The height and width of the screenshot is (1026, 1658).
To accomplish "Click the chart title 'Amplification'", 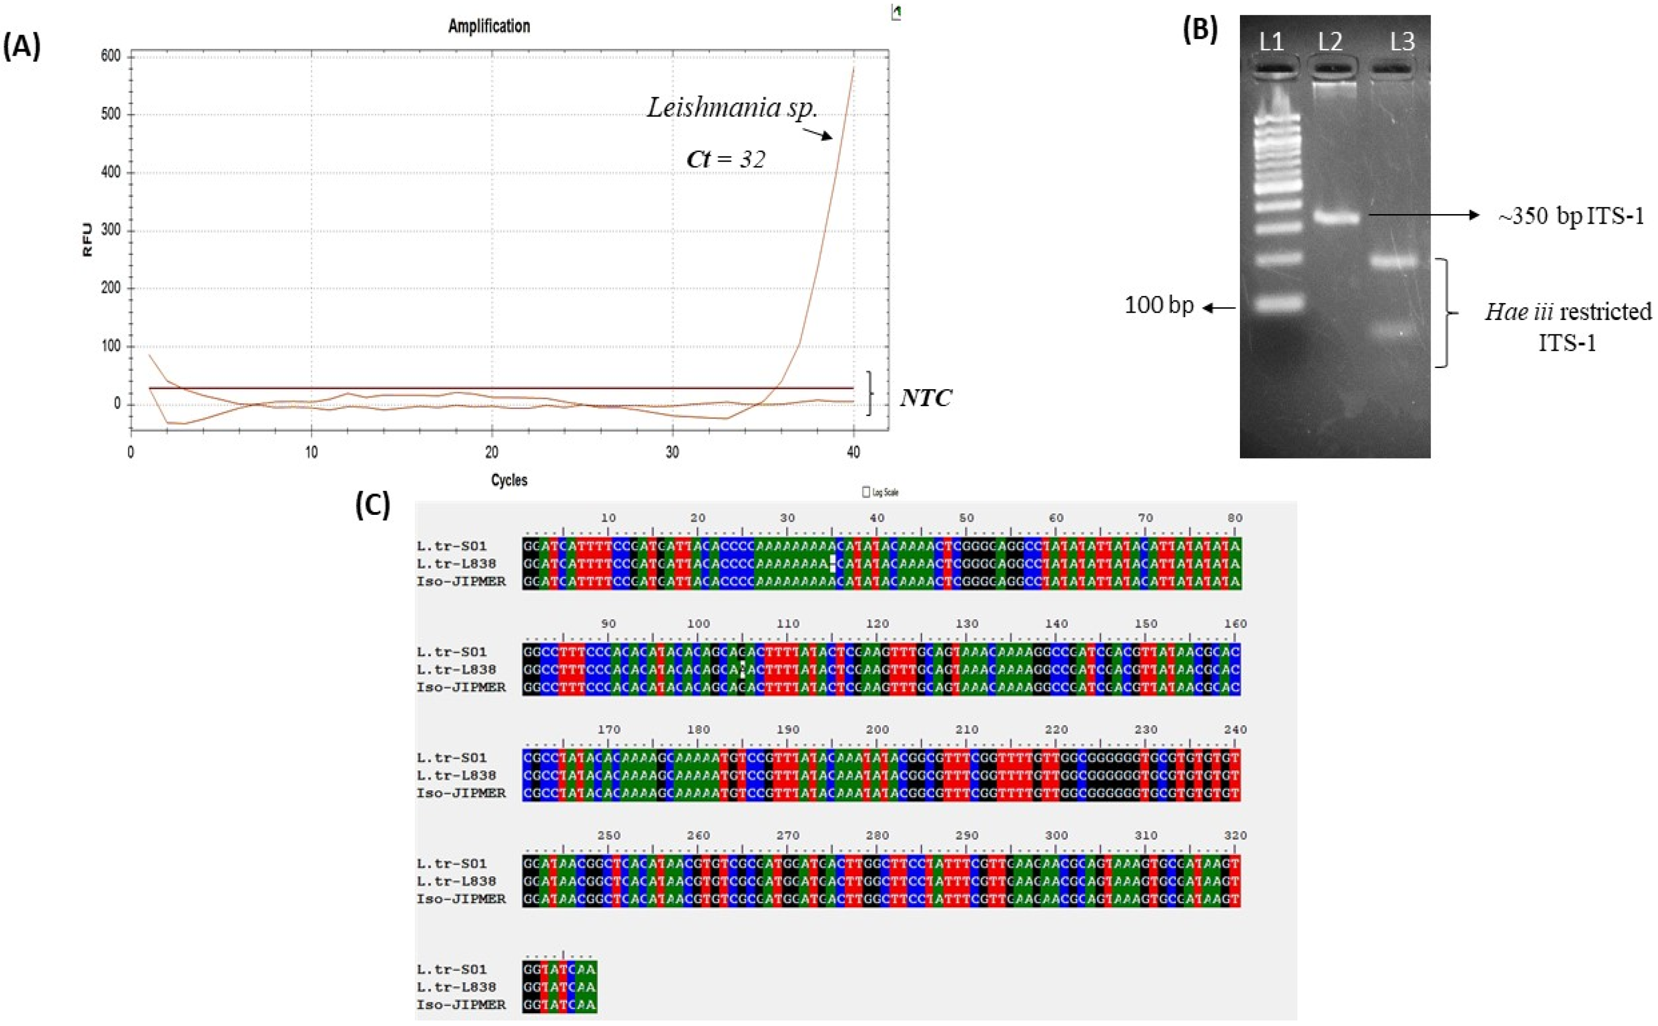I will pyautogui.click(x=489, y=26).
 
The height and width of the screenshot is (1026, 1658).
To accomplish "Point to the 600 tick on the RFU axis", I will pyautogui.click(x=111, y=56).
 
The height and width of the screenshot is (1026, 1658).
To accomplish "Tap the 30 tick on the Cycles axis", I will pyautogui.click(x=672, y=452).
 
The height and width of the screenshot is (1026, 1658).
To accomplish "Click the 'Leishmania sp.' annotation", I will pyautogui.click(x=732, y=107).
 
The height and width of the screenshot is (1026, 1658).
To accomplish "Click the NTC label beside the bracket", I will pyautogui.click(x=925, y=397).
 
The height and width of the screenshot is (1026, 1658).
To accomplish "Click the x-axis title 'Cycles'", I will pyautogui.click(x=509, y=480).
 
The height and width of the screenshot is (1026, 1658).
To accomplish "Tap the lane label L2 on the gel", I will pyautogui.click(x=1330, y=42).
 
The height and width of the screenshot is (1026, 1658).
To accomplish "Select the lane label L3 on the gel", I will pyautogui.click(x=1402, y=42).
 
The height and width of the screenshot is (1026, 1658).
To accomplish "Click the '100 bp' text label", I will pyautogui.click(x=1159, y=305).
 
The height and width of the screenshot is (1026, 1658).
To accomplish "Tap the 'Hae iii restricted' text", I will pyautogui.click(x=1568, y=311).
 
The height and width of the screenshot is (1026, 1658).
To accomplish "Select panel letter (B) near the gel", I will pyautogui.click(x=1199, y=30).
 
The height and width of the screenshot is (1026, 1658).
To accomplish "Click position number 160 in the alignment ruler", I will pyautogui.click(x=1235, y=624).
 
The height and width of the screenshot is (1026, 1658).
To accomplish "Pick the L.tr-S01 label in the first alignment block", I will pyautogui.click(x=451, y=546).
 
